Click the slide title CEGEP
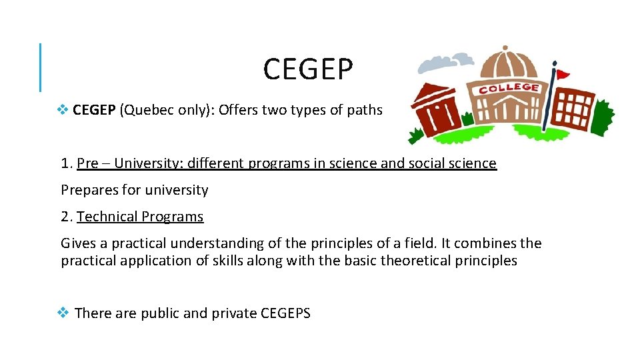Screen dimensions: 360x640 308,69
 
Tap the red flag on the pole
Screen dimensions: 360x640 563,73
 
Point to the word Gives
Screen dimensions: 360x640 79,243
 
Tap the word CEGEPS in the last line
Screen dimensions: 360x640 286,313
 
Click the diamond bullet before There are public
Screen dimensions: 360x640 63,312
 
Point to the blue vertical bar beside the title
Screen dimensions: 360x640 40,67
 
